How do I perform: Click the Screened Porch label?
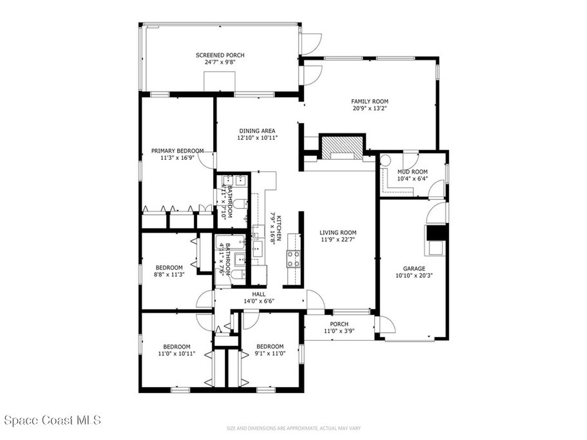(220, 55)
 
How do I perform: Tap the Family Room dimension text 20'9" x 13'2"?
(374, 108)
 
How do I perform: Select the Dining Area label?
(257, 131)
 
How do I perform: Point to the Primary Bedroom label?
(177, 151)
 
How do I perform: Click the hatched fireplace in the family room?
(342, 146)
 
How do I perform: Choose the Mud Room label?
(413, 171)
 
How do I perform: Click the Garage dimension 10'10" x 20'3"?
(414, 275)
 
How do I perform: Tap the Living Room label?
(338, 233)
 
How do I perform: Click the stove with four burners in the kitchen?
(293, 258)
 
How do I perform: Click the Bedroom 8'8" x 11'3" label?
(169, 268)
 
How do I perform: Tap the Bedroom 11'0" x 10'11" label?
(177, 347)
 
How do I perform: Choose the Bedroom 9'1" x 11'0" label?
(270, 347)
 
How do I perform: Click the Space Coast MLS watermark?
(53, 421)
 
